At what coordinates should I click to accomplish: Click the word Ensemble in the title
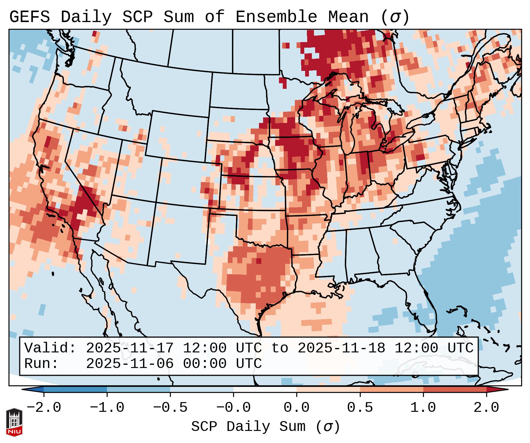(276, 17)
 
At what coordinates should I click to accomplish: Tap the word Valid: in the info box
(50, 348)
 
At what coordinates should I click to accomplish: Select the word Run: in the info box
(41, 364)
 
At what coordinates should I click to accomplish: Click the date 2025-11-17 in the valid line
(130, 348)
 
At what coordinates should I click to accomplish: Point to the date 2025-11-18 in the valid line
(341, 348)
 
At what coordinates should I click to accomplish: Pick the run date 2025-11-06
(130, 364)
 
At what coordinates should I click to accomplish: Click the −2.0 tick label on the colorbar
(44, 408)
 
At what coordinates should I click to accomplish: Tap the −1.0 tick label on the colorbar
(107, 408)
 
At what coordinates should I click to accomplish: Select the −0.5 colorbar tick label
(170, 408)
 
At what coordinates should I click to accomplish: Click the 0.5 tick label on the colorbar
(360, 408)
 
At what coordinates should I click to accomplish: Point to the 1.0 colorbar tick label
(423, 408)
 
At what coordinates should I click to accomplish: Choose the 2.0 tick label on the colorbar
(486, 408)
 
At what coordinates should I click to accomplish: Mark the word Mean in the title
(348, 17)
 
